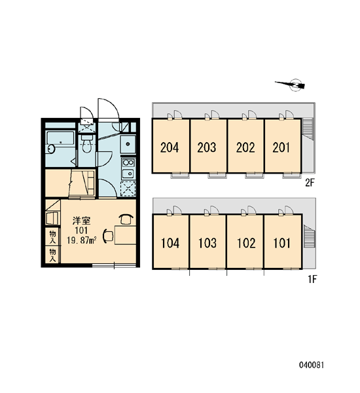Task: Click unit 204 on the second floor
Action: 170,146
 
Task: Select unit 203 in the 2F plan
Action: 209,146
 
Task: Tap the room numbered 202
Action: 245,146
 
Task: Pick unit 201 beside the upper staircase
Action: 283,146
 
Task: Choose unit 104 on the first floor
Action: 171,242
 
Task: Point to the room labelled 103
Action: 208,242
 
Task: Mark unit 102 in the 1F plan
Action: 245,242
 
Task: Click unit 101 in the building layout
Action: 283,242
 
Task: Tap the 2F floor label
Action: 310,183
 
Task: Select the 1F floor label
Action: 312,279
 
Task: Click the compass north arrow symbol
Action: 292,84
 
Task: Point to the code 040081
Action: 312,365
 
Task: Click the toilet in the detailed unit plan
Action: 86,144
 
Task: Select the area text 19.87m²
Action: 82,240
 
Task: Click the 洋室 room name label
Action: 82,221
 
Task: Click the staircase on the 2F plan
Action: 308,128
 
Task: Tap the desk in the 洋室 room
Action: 125,234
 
